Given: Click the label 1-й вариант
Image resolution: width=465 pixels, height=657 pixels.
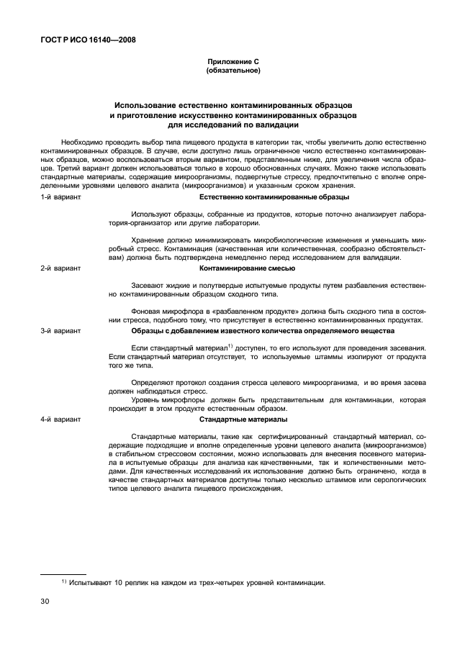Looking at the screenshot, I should point(61,196).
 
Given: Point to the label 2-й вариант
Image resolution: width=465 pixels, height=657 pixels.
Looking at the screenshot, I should point(61,268).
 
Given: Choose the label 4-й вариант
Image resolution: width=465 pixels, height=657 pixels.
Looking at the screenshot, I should point(61,419).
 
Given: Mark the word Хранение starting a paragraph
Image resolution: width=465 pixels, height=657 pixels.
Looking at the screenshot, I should point(148,238).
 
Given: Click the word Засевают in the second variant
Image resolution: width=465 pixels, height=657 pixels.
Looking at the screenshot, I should point(149,286).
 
